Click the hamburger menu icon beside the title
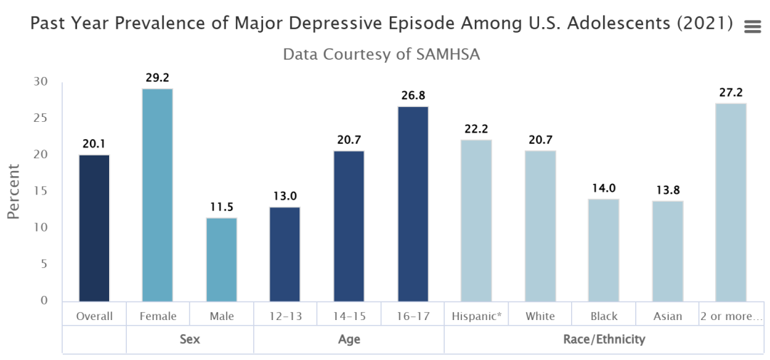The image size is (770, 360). pos(752,27)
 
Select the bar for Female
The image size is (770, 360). pos(158,195)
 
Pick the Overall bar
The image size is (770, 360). pos(94,227)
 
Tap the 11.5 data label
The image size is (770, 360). pos(221,207)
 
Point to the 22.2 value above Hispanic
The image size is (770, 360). pos(476,128)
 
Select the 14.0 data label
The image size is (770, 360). pos(604,188)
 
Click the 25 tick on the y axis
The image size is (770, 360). pos(42,118)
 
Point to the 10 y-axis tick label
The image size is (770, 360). pos(42,227)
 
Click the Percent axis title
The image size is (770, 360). pos(14,191)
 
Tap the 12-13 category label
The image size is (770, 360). pos(285,316)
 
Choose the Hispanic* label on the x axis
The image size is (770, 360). pos(476,316)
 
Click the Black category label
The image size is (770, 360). pos(604,316)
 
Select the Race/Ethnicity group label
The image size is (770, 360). pos(604,339)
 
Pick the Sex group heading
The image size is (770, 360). pos(190,339)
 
